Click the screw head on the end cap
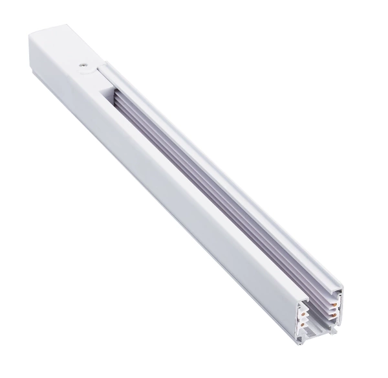[84, 63]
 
